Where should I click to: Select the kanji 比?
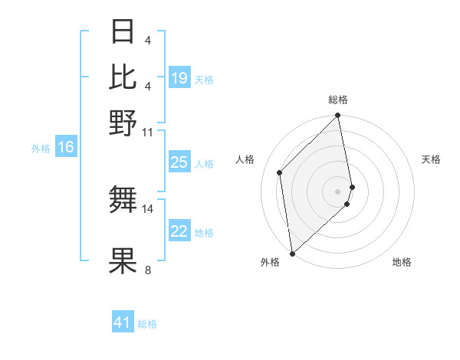pos(123,77)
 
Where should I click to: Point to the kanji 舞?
pos(123,200)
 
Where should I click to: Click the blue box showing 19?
pos(179,78)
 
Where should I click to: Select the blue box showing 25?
pos(179,162)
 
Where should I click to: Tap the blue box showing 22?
pos(179,231)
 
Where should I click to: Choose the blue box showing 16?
pos(66,148)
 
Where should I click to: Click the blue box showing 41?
pos(123,322)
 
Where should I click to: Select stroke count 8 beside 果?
pos(147,270)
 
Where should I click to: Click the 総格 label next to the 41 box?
pos(147,324)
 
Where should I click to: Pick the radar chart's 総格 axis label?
pos(338,100)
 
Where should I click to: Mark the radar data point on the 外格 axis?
pos(292,254)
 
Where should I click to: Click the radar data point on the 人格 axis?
pos(280,172)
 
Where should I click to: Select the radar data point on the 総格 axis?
pos(338,116)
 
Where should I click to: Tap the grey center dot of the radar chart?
pos(338,191)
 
